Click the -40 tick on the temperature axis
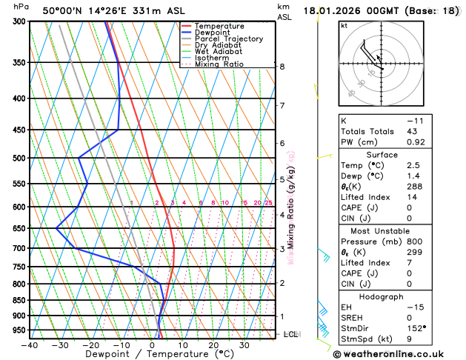point(29,344)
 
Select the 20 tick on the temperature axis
point(213,344)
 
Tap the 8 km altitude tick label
point(282,67)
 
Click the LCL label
point(291,335)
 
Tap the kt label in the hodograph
point(344,26)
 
